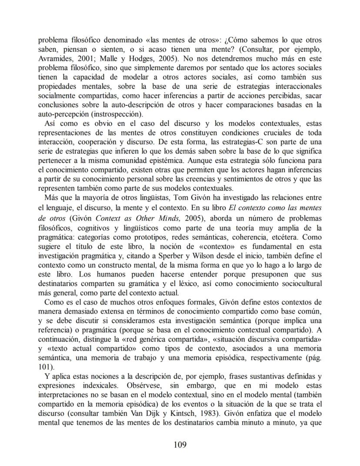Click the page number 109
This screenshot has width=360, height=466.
[x=180, y=445]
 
